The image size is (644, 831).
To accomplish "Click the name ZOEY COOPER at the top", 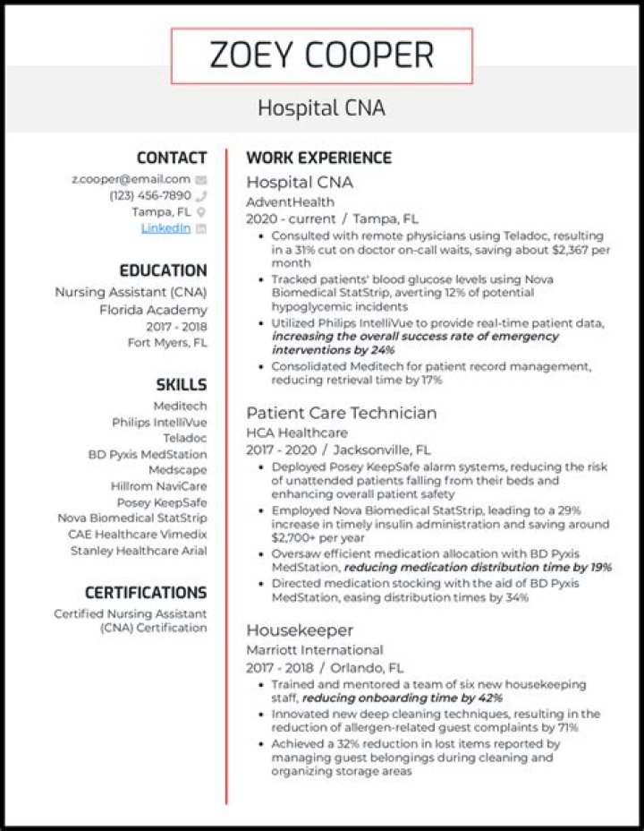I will coord(321,56).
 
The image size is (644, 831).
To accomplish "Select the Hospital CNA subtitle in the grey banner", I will coord(321,108).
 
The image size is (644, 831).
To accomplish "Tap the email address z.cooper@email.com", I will coord(131,179).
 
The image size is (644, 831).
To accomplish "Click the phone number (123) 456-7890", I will coord(149,195).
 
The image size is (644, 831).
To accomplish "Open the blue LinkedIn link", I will coord(165,228).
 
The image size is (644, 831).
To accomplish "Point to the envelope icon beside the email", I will coord(201,180).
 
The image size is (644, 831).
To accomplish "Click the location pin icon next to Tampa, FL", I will coord(201,212).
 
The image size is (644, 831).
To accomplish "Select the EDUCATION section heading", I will coord(163,270).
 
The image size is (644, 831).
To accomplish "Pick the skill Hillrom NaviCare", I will coord(159,486).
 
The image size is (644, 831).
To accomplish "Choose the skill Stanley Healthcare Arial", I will coord(139,551).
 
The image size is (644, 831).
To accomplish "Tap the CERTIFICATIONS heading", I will coord(146,593).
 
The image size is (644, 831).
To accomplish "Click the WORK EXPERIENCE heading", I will coord(318,158).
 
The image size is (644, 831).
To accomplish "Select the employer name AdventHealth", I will coord(290,201).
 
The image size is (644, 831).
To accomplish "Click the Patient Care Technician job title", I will coord(342,413).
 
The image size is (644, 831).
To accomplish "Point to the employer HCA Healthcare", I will coord(297,433).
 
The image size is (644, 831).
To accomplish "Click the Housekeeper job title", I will coord(300,630).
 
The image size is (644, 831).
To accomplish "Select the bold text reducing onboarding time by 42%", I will coord(402,698).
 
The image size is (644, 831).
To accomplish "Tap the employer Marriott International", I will coord(314,650).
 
